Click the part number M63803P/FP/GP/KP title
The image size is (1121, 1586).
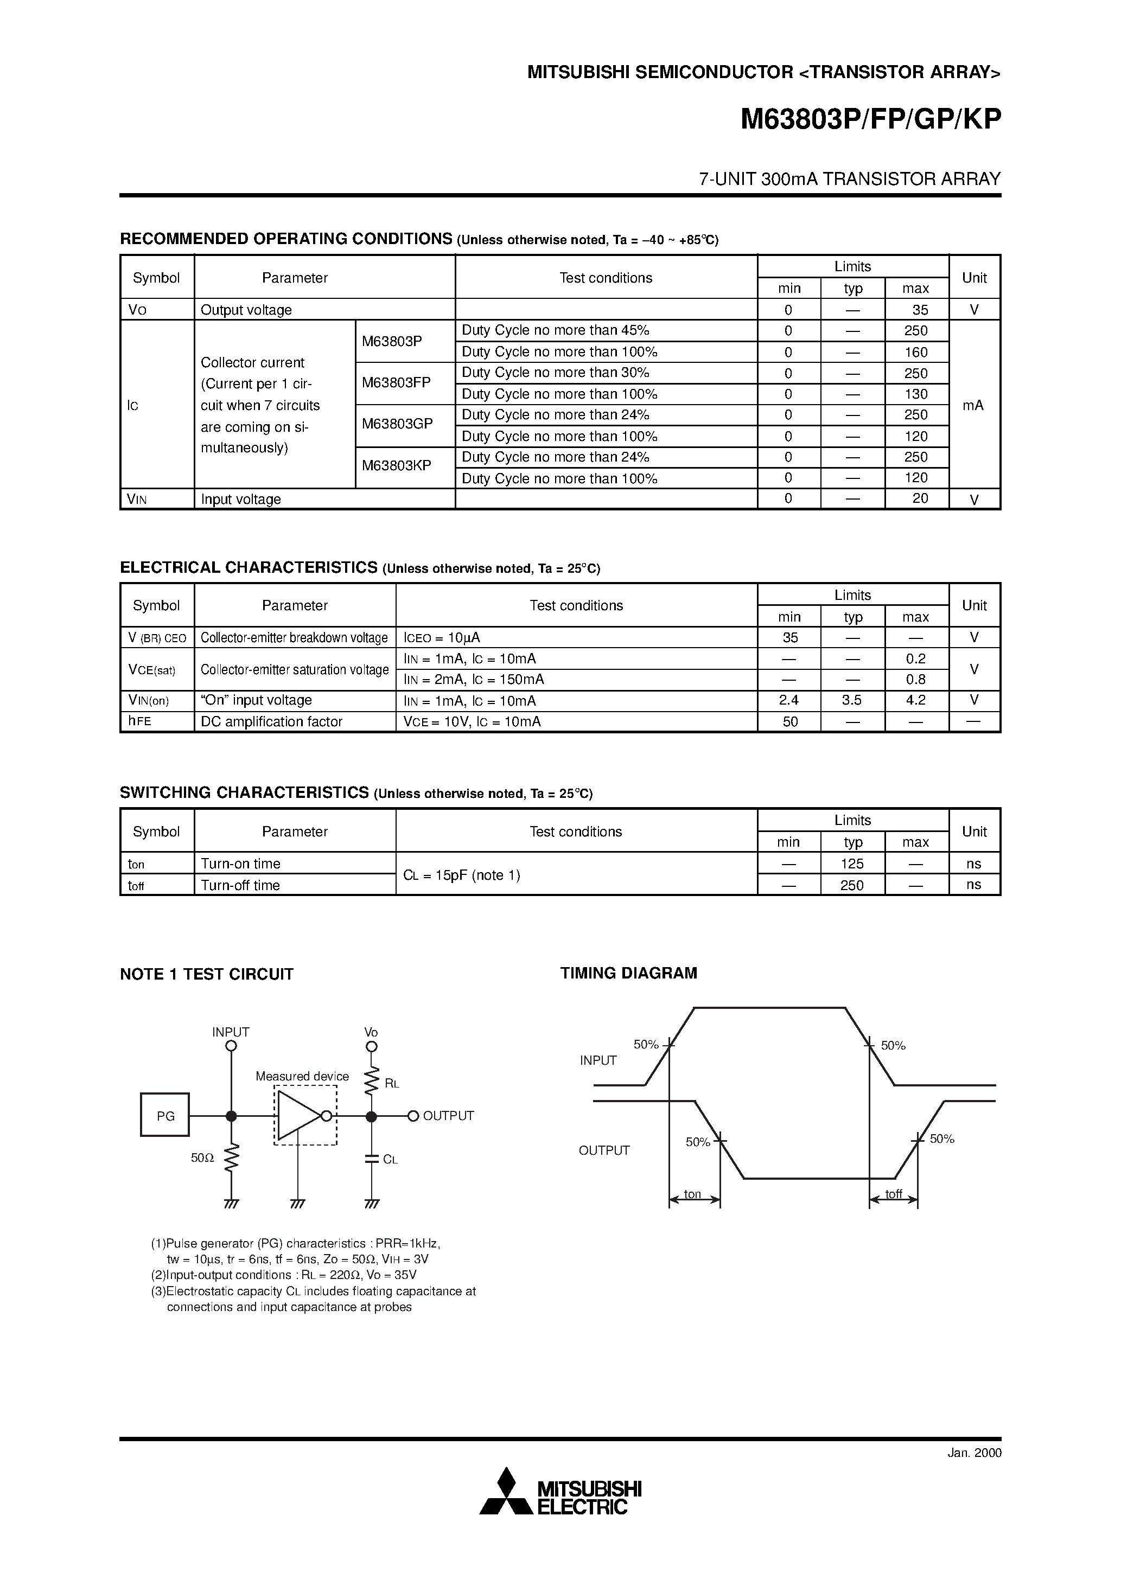[x=870, y=120]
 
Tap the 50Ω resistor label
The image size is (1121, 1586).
[x=202, y=1157]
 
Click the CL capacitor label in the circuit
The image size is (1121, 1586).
[x=391, y=1160]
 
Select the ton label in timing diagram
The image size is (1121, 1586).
[x=692, y=1194]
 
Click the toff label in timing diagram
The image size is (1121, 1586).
[x=894, y=1194]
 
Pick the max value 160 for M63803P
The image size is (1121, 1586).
[x=916, y=352]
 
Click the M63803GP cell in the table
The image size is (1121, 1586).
[x=397, y=424]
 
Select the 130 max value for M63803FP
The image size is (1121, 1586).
[x=916, y=394]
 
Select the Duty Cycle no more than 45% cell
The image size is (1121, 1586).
[x=555, y=330]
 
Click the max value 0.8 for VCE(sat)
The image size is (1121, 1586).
[x=916, y=680]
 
